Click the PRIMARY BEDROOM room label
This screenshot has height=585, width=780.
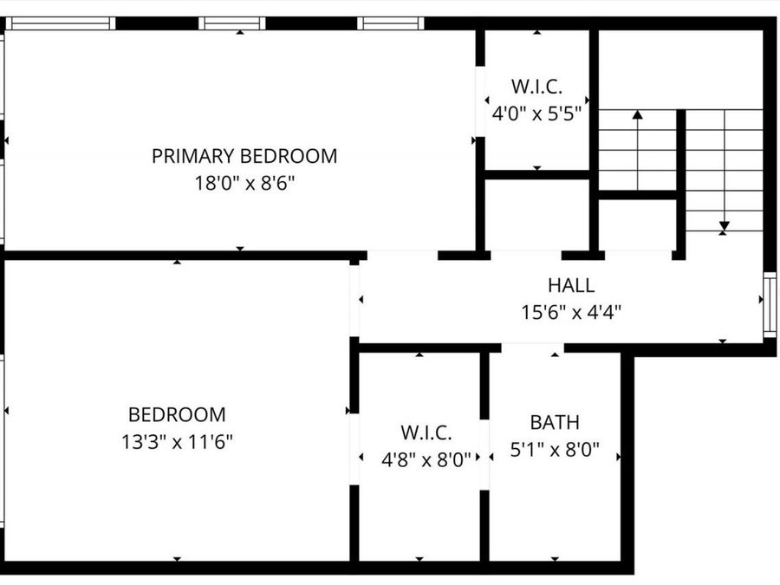[244, 156]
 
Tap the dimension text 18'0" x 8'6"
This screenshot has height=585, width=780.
[244, 183]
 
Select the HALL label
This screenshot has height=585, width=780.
[571, 285]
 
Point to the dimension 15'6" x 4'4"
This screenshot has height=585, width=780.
[571, 312]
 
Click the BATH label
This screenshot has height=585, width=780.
[555, 423]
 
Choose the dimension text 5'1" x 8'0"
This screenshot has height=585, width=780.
[555, 450]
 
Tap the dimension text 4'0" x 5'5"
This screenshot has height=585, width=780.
[536, 114]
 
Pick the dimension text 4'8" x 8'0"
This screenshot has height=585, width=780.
[426, 459]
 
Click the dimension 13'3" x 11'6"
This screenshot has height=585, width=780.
[177, 442]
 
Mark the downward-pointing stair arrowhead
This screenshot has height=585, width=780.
[725, 227]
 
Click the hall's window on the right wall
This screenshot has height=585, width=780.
[770, 304]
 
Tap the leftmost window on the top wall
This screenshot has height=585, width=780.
[60, 23]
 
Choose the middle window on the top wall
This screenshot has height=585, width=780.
[231, 23]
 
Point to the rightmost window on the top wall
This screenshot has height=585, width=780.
[391, 23]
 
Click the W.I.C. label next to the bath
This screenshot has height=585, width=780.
[426, 432]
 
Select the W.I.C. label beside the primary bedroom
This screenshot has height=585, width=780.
[536, 87]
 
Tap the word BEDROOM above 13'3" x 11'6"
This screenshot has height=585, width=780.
[177, 414]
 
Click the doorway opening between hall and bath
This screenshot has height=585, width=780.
[533, 348]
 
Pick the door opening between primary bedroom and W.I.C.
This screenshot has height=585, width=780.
[480, 101]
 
